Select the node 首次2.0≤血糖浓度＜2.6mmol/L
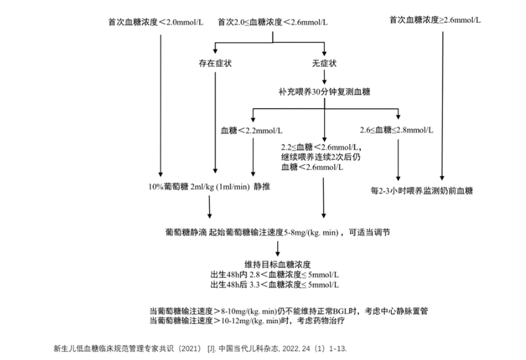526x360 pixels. [272, 22]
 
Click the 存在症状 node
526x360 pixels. [212, 64]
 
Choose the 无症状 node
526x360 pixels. [324, 64]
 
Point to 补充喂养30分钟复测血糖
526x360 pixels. [323, 92]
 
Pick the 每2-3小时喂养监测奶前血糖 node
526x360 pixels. [422, 191]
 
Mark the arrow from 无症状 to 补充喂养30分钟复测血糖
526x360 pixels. [324, 78]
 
